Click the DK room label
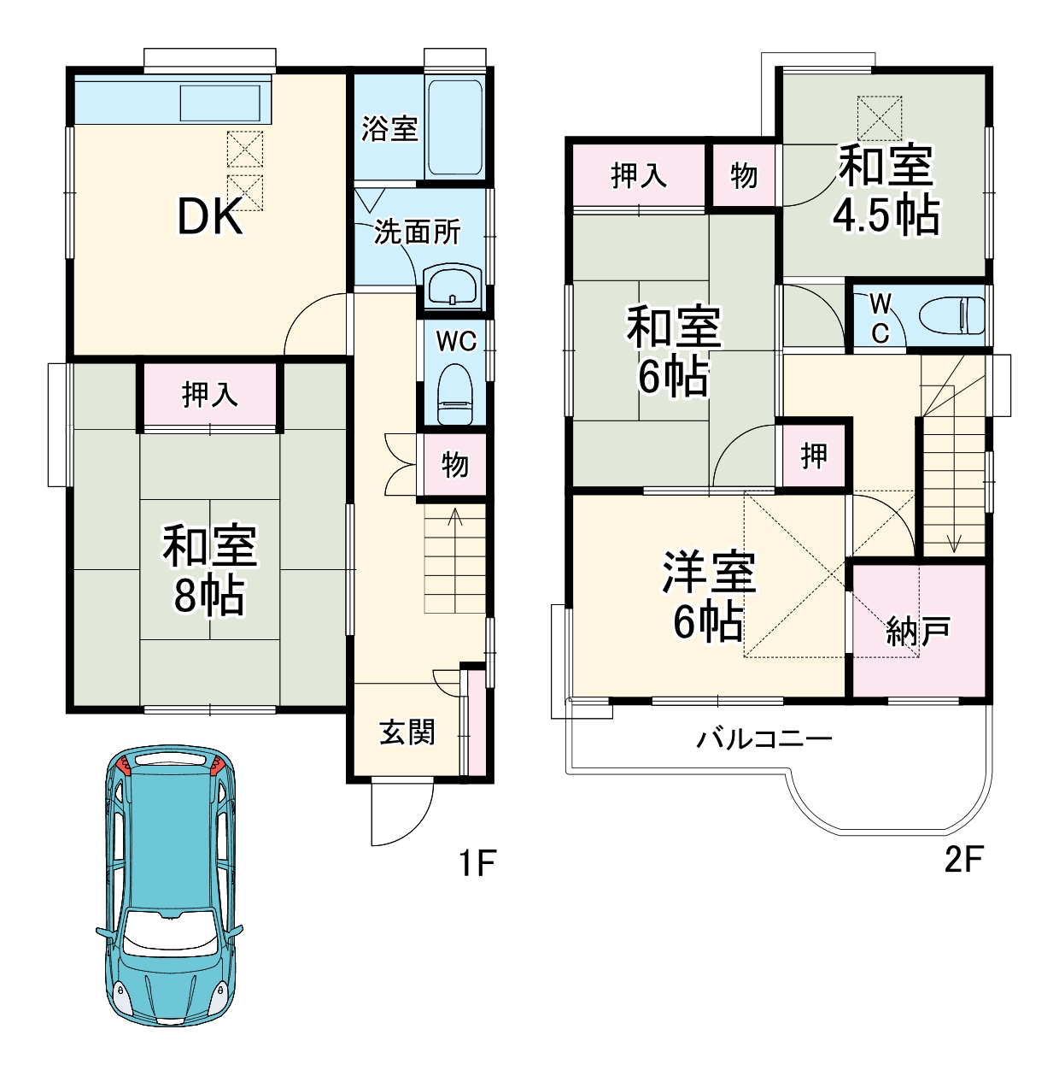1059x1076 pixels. (x=210, y=216)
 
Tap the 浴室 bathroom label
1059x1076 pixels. (x=389, y=128)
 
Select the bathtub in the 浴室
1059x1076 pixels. (x=454, y=128)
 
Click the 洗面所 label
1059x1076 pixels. (x=417, y=232)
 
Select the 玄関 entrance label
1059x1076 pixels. (x=407, y=732)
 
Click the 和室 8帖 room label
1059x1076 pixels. (x=209, y=571)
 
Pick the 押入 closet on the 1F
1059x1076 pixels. (x=210, y=395)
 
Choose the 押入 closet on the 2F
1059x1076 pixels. (x=639, y=175)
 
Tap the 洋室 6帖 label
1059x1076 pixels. (x=709, y=597)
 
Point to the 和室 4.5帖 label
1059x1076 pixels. (x=886, y=190)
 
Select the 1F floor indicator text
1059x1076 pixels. (x=477, y=862)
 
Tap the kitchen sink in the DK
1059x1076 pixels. (x=220, y=103)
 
